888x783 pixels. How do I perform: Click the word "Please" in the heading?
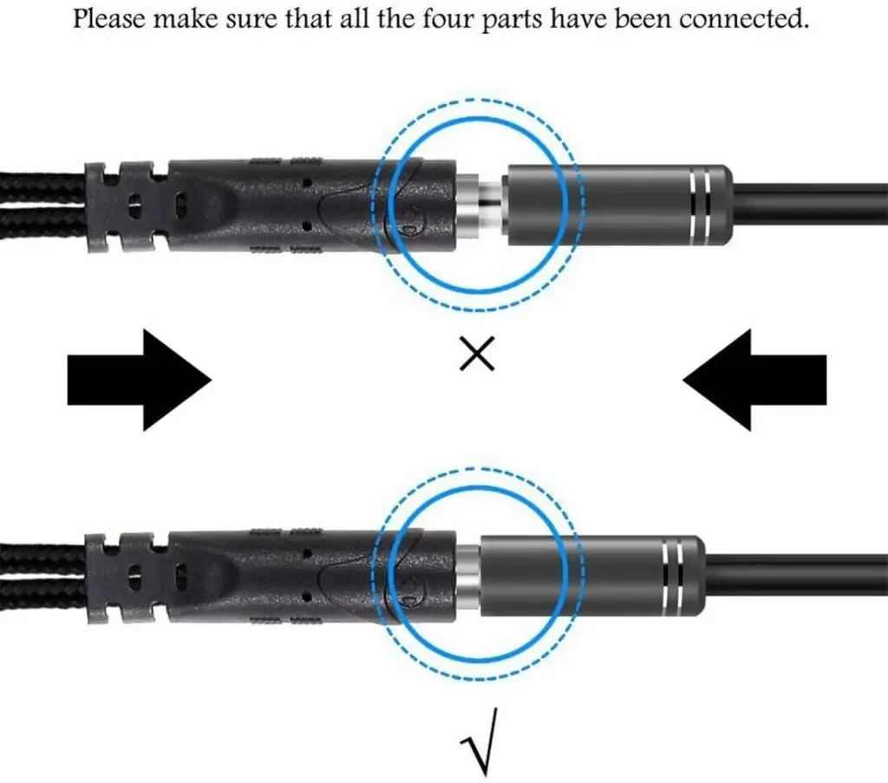(110, 19)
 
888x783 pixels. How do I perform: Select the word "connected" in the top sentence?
(743, 18)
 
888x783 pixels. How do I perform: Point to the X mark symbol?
(477, 353)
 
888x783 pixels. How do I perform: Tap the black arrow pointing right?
(140, 380)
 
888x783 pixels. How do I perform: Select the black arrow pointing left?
(754, 380)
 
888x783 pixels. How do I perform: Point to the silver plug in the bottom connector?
(468, 575)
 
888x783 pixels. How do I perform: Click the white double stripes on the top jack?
(701, 203)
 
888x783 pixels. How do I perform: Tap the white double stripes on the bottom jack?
(673, 575)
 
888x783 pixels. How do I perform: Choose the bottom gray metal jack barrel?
(592, 576)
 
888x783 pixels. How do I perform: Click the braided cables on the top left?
(43, 203)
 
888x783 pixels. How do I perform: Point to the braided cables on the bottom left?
(43, 575)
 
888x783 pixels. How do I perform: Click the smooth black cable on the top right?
(810, 204)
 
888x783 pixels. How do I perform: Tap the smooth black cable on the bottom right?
(796, 576)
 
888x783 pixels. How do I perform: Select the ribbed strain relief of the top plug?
(127, 207)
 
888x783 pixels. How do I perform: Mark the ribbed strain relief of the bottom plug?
(127, 578)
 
